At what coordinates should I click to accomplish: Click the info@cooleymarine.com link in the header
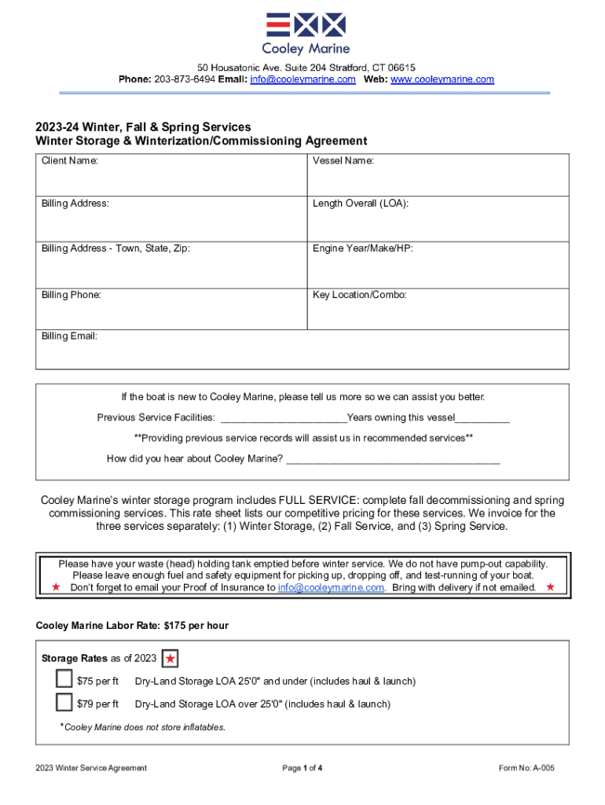coord(302,79)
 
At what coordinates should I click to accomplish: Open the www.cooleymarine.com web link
coord(442,79)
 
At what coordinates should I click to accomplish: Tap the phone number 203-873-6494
coord(188,79)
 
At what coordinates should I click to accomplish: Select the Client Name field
coord(170,179)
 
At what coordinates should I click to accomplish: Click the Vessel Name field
coord(438,179)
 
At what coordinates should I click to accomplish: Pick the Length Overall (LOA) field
coord(438,222)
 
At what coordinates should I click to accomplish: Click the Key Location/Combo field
coord(438,312)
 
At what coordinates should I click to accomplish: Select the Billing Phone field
coord(170,312)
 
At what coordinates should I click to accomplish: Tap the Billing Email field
coord(302,353)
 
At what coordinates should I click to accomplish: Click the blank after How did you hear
coord(393,460)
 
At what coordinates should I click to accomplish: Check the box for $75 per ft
coord(64,679)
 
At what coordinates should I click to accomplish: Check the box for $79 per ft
coord(64,702)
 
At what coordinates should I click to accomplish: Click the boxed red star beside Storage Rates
coord(170,659)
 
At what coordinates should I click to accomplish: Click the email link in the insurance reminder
coord(332,587)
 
